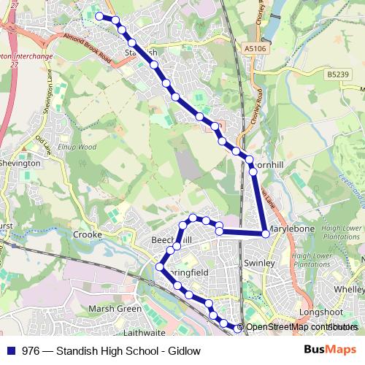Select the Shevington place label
click(x=20, y=164)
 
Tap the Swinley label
click(x=258, y=263)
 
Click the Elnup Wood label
click(x=78, y=147)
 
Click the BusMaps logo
click(x=331, y=350)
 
